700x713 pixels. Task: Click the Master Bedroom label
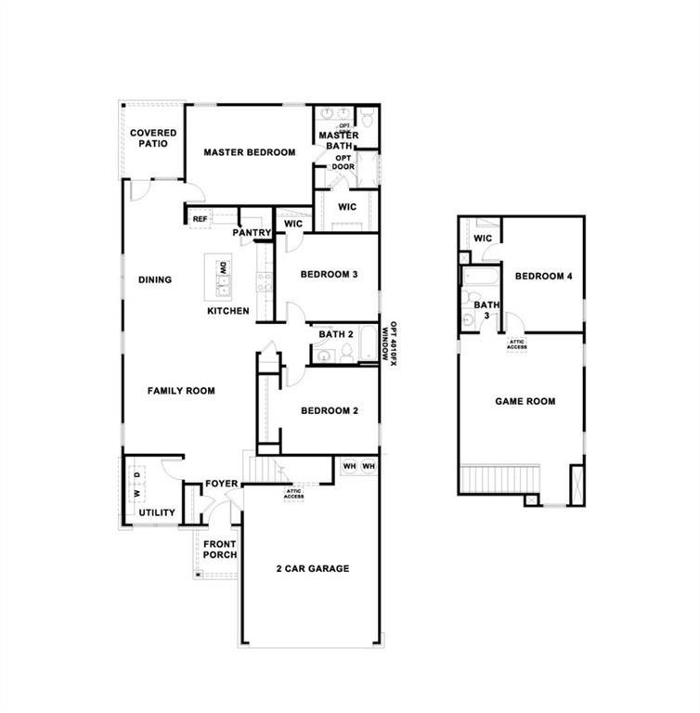pyautogui.click(x=249, y=153)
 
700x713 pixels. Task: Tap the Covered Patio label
pyautogui.click(x=153, y=138)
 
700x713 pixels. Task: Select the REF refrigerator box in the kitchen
pyautogui.click(x=200, y=219)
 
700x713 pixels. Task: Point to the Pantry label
pyautogui.click(x=252, y=233)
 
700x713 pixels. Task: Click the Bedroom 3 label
pyautogui.click(x=330, y=275)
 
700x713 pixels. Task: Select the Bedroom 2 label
pyautogui.click(x=330, y=410)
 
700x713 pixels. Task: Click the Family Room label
pyautogui.click(x=181, y=391)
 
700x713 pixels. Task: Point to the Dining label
pyautogui.click(x=155, y=279)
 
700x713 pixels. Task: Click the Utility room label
pyautogui.click(x=156, y=512)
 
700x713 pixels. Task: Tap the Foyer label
pyautogui.click(x=222, y=484)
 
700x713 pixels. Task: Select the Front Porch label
pyautogui.click(x=220, y=550)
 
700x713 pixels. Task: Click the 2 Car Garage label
pyautogui.click(x=313, y=568)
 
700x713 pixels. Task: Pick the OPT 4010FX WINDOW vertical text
pyautogui.click(x=392, y=344)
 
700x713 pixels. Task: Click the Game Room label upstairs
pyautogui.click(x=525, y=402)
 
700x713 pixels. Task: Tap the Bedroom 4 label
pyautogui.click(x=544, y=276)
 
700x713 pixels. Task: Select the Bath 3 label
pyautogui.click(x=485, y=310)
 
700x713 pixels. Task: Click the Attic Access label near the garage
pyautogui.click(x=294, y=494)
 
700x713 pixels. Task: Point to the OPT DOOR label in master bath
pyautogui.click(x=344, y=162)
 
